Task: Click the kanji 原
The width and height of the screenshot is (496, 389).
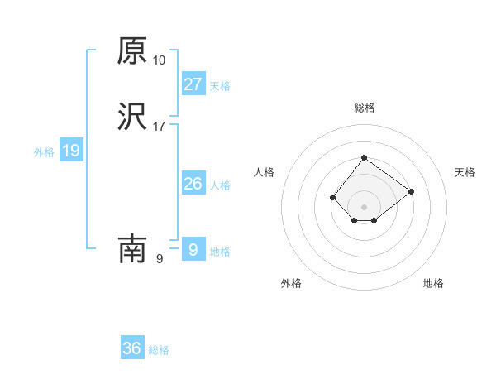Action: click(132, 51)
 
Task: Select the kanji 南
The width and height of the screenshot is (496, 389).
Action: click(132, 248)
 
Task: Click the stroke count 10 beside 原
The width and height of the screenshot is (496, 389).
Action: click(160, 60)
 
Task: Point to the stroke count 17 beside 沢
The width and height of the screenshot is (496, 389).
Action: click(160, 127)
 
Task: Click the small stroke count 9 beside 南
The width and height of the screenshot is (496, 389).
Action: click(159, 258)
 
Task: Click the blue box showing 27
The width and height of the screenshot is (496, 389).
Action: click(193, 84)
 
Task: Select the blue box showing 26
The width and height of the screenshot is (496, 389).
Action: click(193, 183)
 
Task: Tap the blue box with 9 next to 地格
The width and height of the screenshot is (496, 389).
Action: click(193, 248)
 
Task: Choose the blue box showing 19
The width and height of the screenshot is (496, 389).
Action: click(71, 151)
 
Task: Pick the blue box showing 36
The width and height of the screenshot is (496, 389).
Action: click(132, 348)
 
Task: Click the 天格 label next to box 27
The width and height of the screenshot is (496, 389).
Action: click(220, 86)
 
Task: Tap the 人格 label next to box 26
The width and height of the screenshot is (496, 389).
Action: click(220, 185)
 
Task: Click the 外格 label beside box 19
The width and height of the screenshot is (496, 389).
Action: click(44, 152)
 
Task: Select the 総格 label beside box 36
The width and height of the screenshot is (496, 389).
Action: click(159, 351)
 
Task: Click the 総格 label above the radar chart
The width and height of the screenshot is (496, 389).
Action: click(364, 108)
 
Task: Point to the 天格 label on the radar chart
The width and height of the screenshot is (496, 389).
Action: click(465, 172)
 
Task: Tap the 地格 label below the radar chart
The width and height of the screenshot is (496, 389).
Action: click(433, 283)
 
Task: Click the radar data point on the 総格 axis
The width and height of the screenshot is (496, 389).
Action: click(364, 157)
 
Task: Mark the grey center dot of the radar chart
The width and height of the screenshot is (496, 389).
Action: click(364, 206)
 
